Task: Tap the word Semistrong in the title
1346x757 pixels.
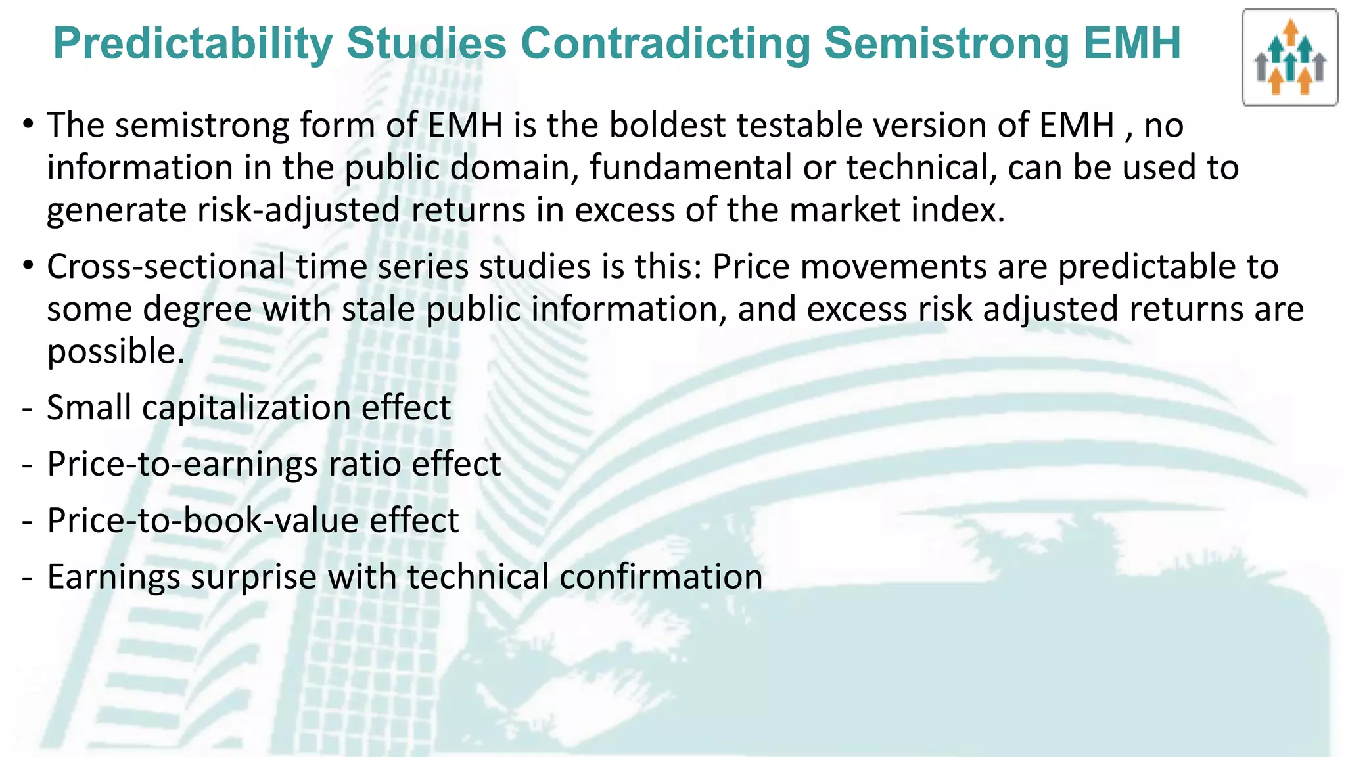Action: click(x=947, y=43)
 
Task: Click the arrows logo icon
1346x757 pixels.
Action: click(x=1289, y=58)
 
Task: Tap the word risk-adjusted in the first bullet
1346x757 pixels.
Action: click(x=289, y=210)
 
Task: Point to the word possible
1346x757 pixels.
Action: click(x=115, y=352)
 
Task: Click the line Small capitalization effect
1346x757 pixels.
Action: click(x=248, y=407)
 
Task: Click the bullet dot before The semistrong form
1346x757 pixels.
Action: click(x=27, y=123)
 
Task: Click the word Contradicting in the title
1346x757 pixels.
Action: click(x=664, y=43)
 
